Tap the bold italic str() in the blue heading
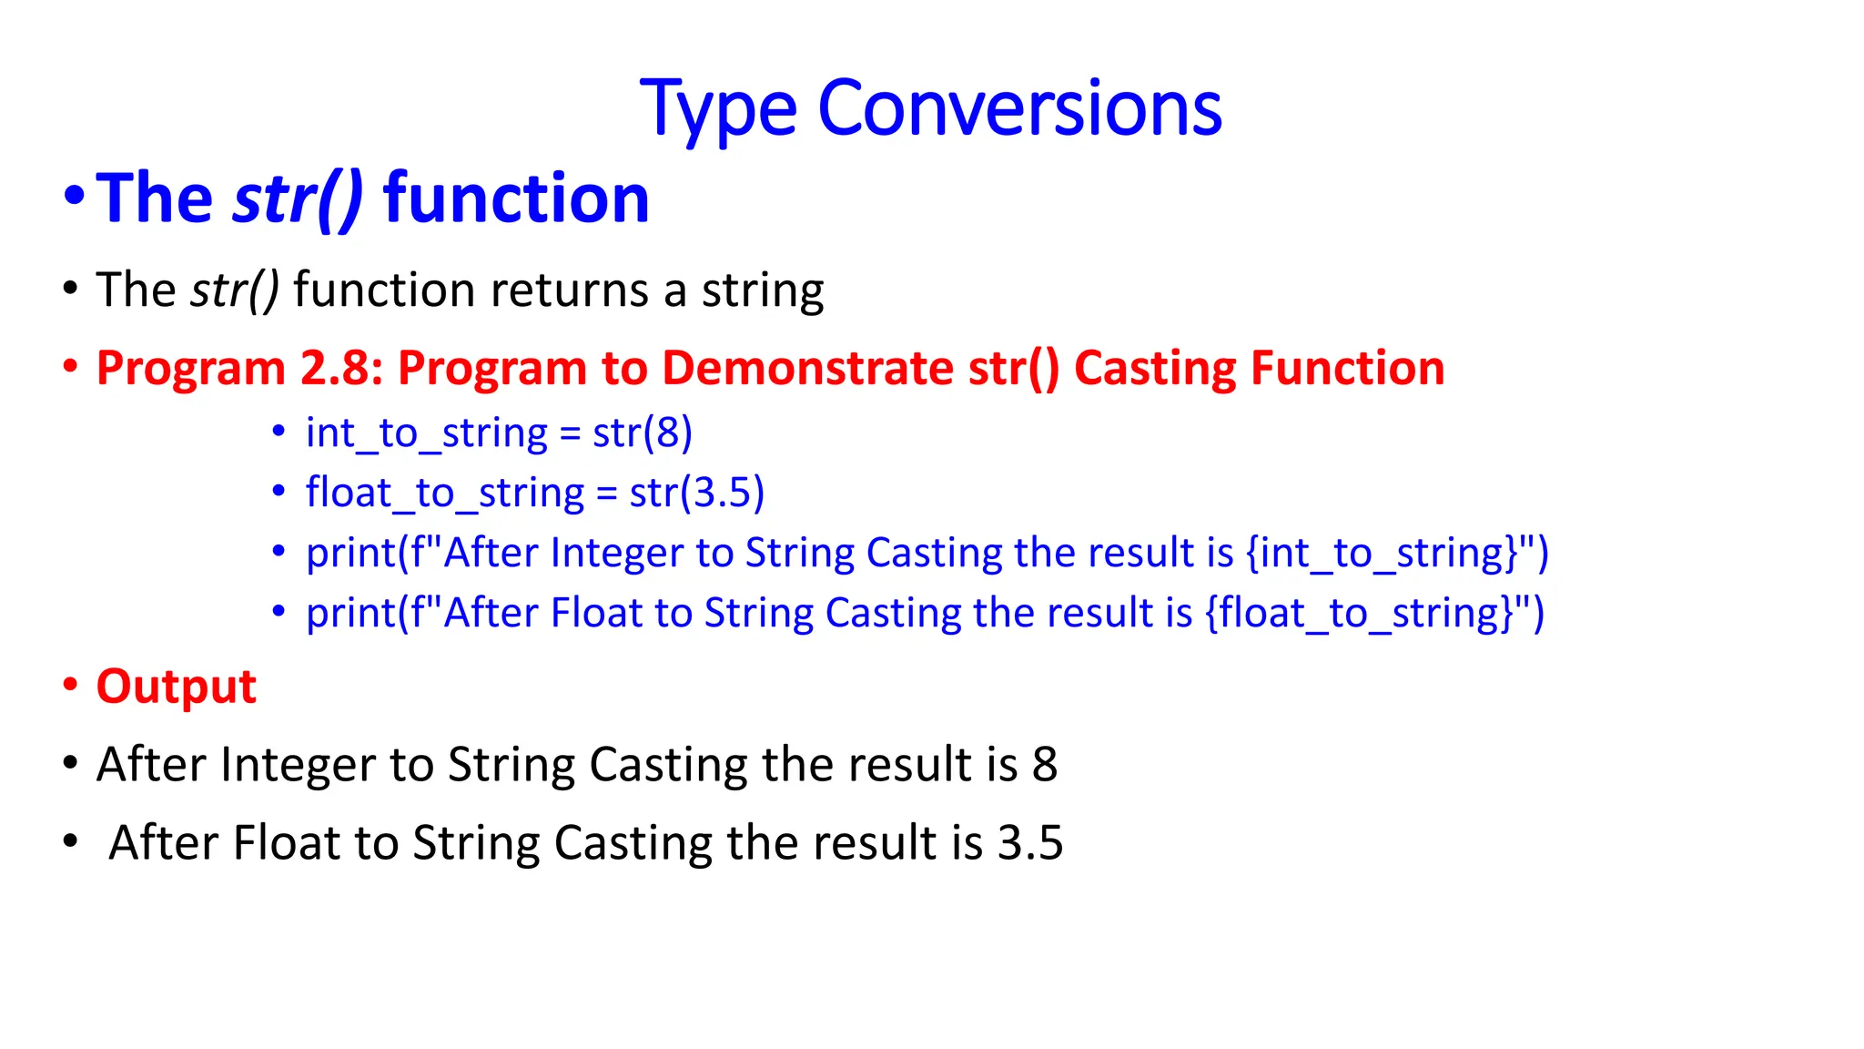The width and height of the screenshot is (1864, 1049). click(x=298, y=198)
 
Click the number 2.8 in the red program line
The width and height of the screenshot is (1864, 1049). click(x=340, y=369)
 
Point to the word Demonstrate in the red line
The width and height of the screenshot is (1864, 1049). click(x=806, y=369)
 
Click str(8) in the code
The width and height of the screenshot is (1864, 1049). click(x=643, y=433)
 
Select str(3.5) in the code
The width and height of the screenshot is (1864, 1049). click(x=696, y=493)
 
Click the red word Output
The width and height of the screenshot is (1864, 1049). click(x=176, y=687)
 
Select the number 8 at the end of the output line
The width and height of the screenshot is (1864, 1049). click(x=1044, y=765)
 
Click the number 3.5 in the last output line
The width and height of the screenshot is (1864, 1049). click(x=1029, y=843)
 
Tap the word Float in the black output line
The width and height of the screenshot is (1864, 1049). click(x=286, y=843)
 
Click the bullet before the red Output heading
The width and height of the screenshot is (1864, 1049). click(x=71, y=685)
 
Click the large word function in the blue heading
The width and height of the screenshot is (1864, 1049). click(x=515, y=198)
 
